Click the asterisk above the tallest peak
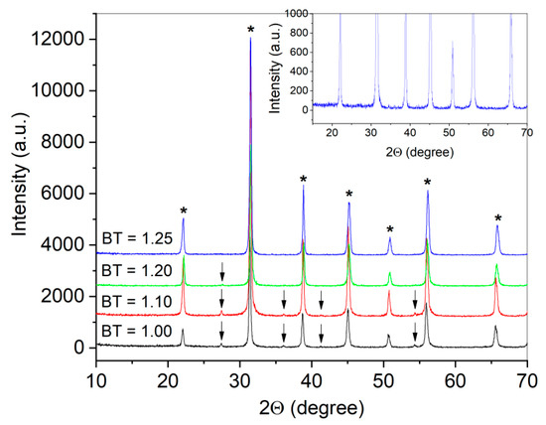(x=250, y=31)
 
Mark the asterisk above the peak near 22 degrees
(x=183, y=212)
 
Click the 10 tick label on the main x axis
(x=95, y=378)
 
